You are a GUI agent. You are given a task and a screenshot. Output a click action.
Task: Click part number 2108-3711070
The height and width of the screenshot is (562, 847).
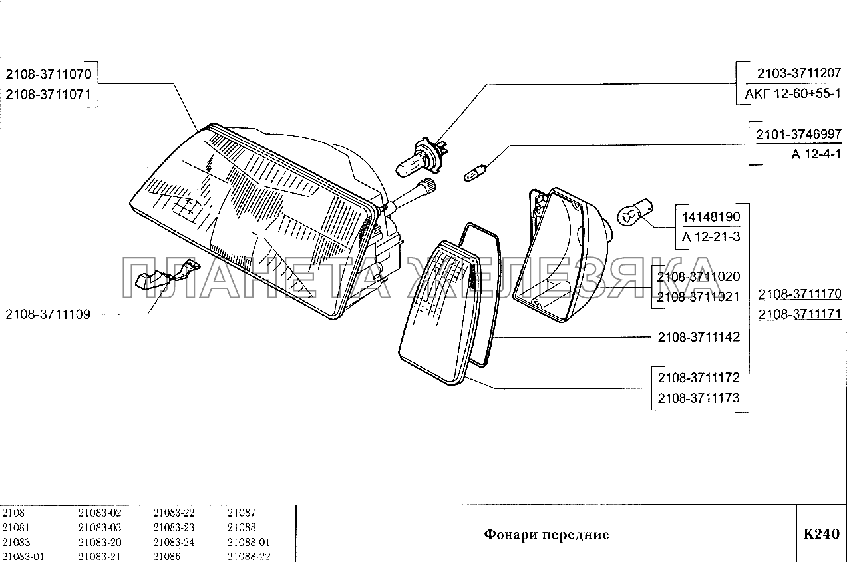click(x=51, y=73)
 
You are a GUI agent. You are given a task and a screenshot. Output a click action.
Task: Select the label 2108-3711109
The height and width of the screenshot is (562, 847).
click(x=47, y=314)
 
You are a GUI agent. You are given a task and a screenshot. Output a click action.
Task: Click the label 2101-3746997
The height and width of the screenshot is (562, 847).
click(x=798, y=134)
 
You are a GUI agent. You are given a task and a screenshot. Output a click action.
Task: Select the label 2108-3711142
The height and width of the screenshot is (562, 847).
click(x=698, y=337)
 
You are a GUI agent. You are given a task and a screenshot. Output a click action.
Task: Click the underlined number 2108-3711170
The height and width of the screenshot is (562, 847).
click(x=800, y=294)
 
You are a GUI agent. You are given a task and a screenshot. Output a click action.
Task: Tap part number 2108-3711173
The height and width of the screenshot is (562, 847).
click(x=698, y=398)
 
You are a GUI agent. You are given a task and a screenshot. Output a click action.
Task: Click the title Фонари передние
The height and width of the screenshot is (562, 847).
click(x=546, y=534)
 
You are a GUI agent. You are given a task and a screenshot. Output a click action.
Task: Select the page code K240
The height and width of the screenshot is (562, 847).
click(x=821, y=533)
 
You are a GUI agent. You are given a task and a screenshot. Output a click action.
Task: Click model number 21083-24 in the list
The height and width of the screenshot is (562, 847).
click(x=174, y=542)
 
